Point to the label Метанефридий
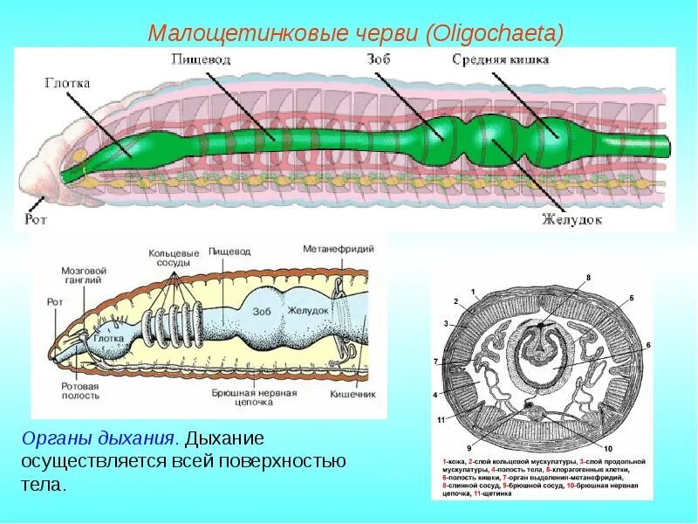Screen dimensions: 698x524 click(x=339, y=249)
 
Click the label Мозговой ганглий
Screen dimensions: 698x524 click(x=84, y=276)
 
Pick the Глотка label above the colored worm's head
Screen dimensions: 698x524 click(x=68, y=83)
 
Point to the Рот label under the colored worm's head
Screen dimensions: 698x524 click(x=37, y=217)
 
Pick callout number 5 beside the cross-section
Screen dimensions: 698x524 click(x=632, y=299)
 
